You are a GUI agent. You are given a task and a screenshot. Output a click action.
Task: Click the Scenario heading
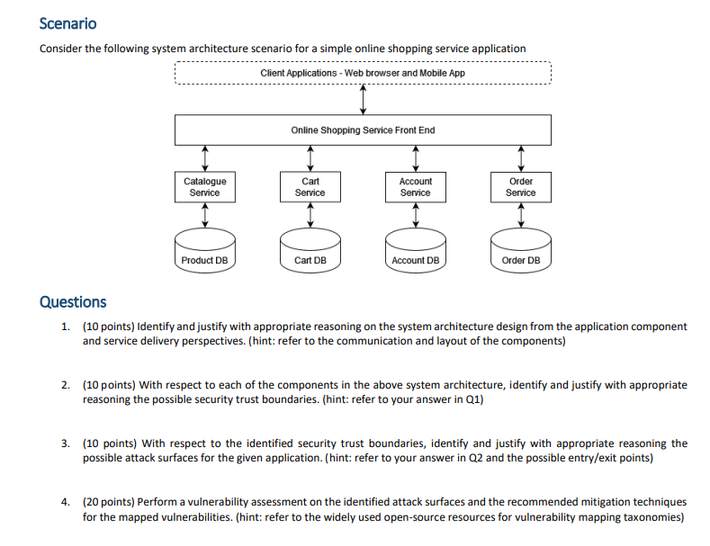pyautogui.click(x=68, y=23)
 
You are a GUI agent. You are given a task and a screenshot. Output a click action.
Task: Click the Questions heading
pyautogui.click(x=73, y=302)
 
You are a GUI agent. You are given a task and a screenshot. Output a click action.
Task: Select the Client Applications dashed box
pyautogui.click(x=362, y=72)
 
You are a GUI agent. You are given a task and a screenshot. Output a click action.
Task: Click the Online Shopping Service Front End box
pyautogui.click(x=362, y=130)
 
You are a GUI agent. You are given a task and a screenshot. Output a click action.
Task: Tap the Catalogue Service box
pyautogui.click(x=205, y=186)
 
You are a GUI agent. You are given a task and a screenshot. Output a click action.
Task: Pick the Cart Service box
pyautogui.click(x=310, y=186)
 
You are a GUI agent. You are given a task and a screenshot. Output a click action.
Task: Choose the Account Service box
pyautogui.click(x=415, y=186)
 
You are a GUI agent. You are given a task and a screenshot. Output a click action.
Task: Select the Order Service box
pyautogui.click(x=520, y=186)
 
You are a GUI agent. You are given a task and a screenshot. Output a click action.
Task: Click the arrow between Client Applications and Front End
pyautogui.click(x=363, y=100)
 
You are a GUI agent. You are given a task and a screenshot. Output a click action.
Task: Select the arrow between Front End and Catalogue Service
pyautogui.click(x=205, y=158)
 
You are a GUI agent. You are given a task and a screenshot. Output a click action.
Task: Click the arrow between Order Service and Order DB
pyautogui.click(x=520, y=214)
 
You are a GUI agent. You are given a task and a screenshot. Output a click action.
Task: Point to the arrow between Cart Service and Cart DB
pyautogui.click(x=310, y=214)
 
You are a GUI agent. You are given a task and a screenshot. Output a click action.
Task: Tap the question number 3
pyautogui.click(x=66, y=443)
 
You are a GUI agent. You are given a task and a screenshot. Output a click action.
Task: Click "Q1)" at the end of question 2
pyautogui.click(x=472, y=399)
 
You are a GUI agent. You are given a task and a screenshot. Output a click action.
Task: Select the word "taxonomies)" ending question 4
pyautogui.click(x=656, y=517)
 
